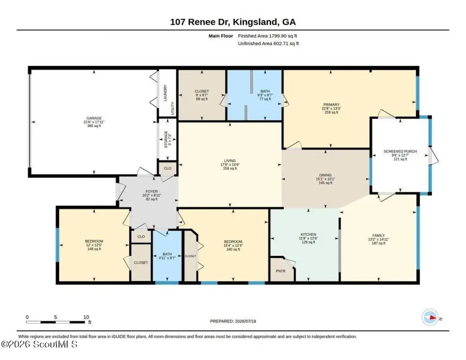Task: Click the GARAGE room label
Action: (94, 118)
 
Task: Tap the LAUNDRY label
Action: (165, 93)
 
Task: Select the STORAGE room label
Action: (166, 139)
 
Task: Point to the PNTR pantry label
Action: (280, 271)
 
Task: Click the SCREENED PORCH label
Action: (400, 151)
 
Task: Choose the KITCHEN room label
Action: (308, 234)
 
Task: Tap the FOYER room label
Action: (151, 191)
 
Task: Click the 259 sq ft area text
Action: (331, 112)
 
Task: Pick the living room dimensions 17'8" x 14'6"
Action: (230, 165)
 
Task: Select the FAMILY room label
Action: (378, 235)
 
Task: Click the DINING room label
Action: (325, 175)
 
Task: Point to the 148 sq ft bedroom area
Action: (94, 249)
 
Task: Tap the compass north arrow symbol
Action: (431, 317)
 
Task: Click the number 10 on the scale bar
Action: (86, 317)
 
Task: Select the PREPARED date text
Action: (233, 321)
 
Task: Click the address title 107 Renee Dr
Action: (200, 22)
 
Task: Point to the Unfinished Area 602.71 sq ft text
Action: (268, 44)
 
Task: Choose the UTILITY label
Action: (173, 108)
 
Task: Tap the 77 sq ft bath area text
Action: (265, 99)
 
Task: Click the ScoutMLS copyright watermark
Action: (39, 344)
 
